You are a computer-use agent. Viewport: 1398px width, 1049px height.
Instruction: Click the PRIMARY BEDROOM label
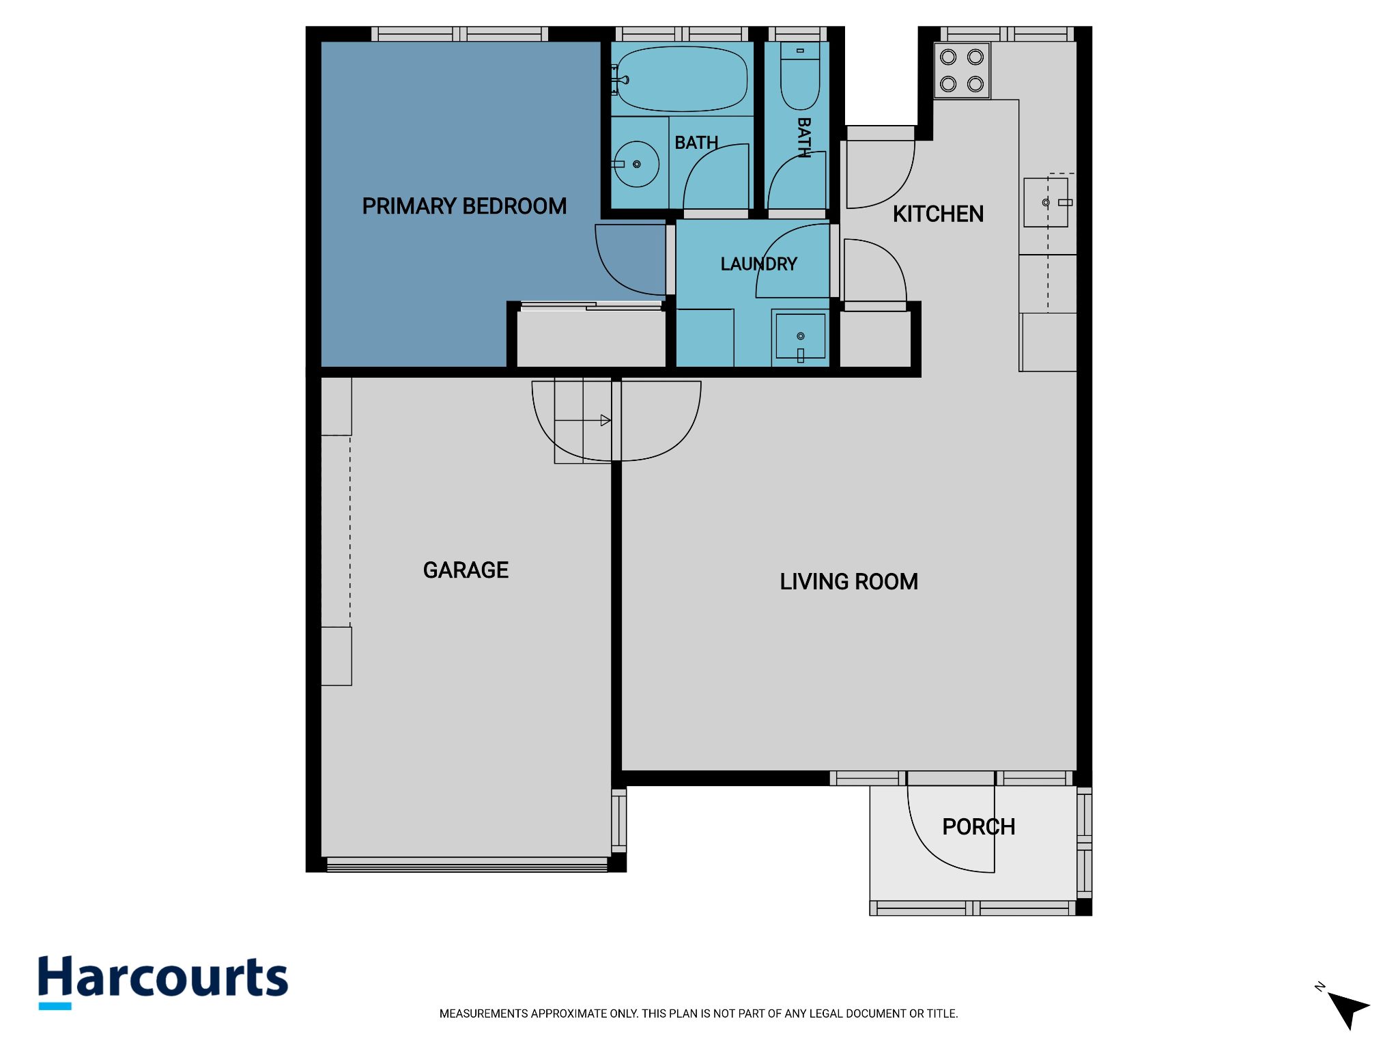[x=464, y=206]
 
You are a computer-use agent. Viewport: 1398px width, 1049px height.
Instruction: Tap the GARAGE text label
[x=466, y=570]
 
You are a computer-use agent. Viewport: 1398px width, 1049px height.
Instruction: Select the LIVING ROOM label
[x=848, y=582]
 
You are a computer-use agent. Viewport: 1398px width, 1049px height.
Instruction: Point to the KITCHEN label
[x=938, y=214]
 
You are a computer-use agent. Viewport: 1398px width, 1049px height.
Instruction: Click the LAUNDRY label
[x=758, y=264]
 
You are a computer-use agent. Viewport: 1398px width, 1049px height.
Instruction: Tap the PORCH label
[x=978, y=827]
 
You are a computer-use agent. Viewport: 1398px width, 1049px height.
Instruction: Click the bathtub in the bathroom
[x=681, y=79]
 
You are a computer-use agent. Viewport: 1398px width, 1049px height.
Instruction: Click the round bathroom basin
[x=636, y=164]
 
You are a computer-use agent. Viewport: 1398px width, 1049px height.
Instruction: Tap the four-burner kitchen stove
[x=962, y=70]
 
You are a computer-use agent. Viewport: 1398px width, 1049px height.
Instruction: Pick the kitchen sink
[x=1046, y=203]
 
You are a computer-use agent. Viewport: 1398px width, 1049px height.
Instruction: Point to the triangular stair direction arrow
[x=605, y=421]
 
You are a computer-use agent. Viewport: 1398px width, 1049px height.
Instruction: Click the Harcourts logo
[x=163, y=981]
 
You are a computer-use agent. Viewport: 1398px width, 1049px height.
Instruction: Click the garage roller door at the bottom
[x=467, y=865]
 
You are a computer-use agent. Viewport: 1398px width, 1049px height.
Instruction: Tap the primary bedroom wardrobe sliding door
[x=591, y=307]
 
